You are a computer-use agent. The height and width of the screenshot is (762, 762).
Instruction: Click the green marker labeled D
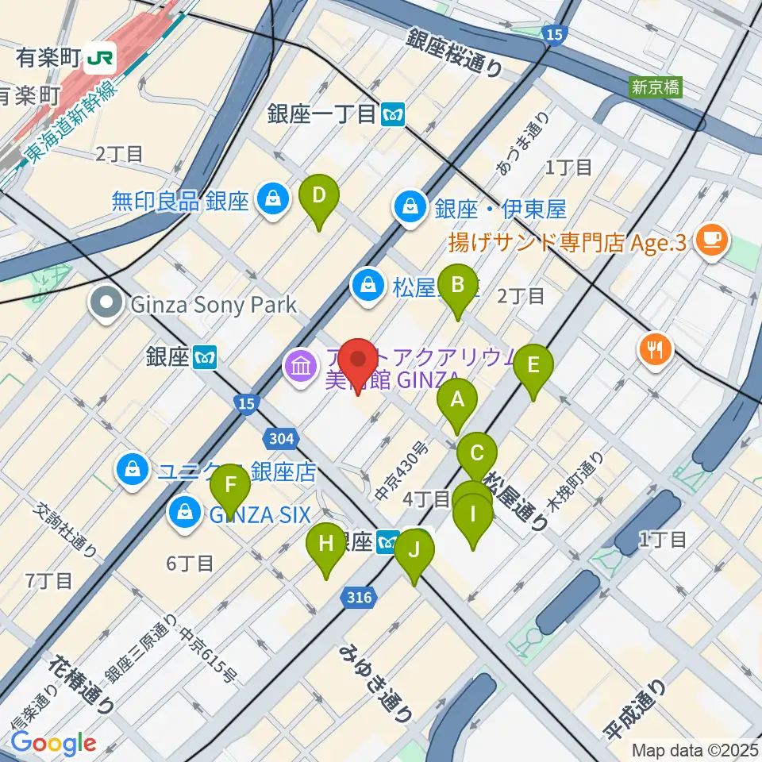(x=319, y=197)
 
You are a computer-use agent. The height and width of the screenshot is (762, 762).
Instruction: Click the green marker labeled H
(x=325, y=545)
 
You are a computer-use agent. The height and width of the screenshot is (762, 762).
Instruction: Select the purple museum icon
(x=299, y=367)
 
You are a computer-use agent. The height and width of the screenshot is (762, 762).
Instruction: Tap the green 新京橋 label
(x=656, y=87)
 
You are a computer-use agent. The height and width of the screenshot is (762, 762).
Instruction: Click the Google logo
(x=53, y=744)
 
